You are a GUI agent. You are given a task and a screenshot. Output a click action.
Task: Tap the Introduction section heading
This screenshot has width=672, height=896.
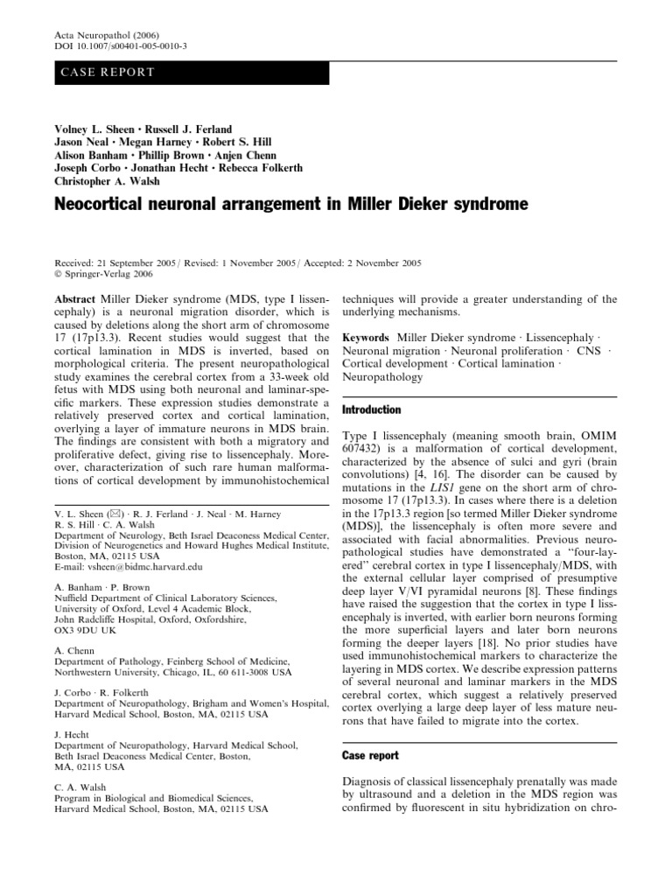click(372, 409)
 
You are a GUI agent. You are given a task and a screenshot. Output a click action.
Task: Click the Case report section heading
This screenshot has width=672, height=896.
click(371, 755)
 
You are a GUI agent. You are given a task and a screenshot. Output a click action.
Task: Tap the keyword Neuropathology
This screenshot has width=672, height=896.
click(382, 377)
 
